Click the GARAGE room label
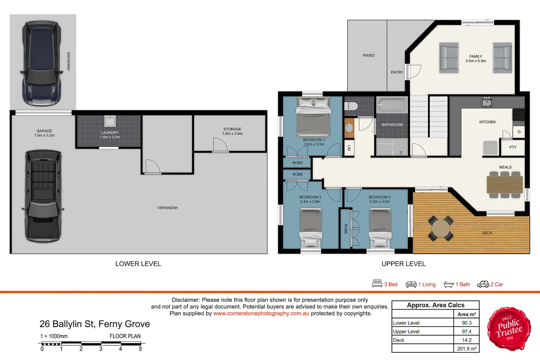click(44, 131)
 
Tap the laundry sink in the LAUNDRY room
click(110, 121)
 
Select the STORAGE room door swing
click(220, 145)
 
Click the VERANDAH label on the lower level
click(167, 208)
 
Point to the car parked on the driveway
click(42, 63)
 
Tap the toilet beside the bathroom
click(351, 106)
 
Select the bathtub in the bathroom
click(392, 105)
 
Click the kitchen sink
click(487, 102)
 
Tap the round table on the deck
click(441, 228)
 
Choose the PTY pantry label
click(513, 147)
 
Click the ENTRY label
click(397, 72)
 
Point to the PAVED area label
click(369, 56)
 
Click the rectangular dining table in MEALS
click(505, 185)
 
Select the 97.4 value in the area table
click(466, 331)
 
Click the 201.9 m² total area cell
click(466, 349)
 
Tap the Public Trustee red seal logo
click(509, 329)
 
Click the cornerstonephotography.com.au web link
click(261, 314)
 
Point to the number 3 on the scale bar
click(101, 349)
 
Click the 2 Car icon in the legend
click(483, 284)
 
